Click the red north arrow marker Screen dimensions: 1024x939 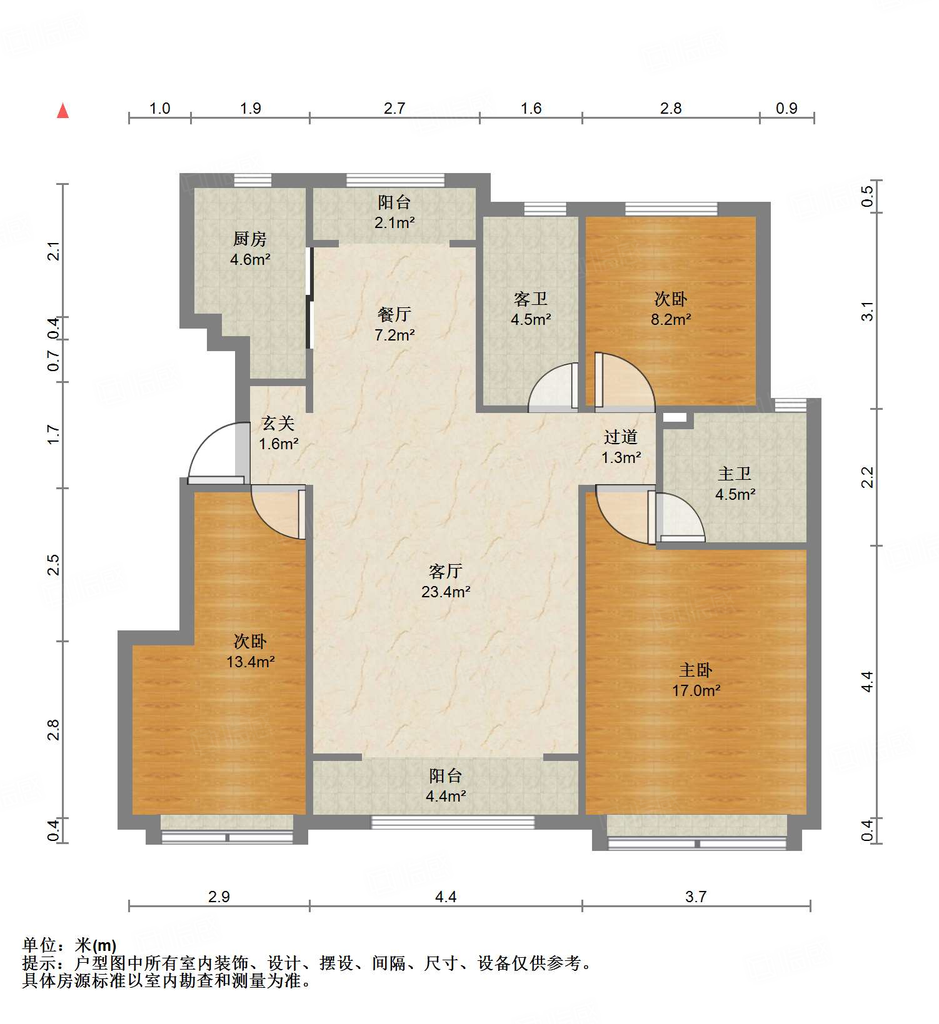[x=63, y=111]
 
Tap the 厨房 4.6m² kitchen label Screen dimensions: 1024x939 [x=250, y=249]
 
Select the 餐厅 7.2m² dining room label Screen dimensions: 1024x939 [x=394, y=324]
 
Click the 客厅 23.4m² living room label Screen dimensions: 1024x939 [x=445, y=581]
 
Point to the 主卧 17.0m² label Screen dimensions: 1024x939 [x=696, y=680]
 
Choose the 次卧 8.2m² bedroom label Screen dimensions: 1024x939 [x=671, y=309]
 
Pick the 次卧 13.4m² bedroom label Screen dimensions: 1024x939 [x=250, y=651]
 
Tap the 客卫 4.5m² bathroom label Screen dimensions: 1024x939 [x=531, y=309]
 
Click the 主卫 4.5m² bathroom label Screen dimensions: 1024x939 [x=735, y=484]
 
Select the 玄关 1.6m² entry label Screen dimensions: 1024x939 [x=278, y=434]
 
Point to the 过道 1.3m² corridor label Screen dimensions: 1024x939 [x=621, y=447]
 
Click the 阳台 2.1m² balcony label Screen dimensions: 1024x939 [x=394, y=212]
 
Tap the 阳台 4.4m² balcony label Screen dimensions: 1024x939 [x=445, y=786]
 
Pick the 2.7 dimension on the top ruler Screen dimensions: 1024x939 [x=394, y=109]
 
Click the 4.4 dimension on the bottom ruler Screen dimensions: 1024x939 [x=445, y=897]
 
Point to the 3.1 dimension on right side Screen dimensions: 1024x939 [x=867, y=311]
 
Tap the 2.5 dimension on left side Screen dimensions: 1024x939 [x=54, y=564]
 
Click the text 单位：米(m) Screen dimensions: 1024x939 [x=69, y=945]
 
